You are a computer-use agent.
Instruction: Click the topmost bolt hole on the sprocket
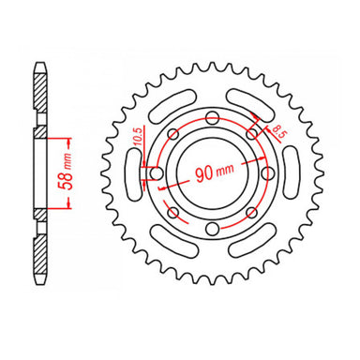pos(211,117)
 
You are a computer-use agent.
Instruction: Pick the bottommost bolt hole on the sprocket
pos(212,230)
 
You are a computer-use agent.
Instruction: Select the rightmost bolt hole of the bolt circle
pos(267,172)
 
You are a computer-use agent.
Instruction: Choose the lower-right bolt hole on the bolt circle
pos(251,213)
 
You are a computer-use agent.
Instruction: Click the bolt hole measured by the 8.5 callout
pos(251,133)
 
